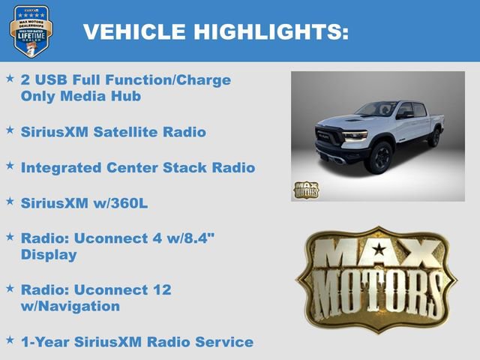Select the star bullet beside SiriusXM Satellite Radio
point(10,130)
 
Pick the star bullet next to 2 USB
point(10,78)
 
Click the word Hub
point(127,97)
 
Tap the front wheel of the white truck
point(380,157)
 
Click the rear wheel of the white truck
point(434,137)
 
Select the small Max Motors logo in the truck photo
point(305,190)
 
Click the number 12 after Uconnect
point(161,289)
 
